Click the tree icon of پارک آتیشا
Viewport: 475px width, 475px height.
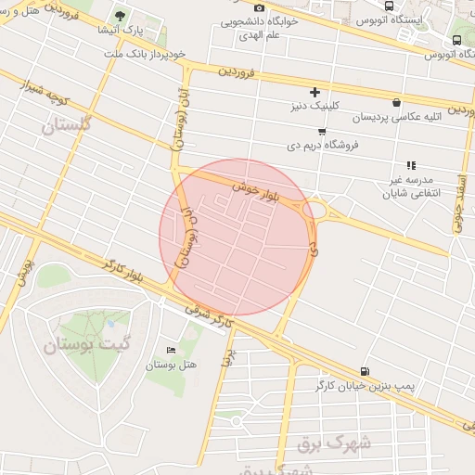pos(120,16)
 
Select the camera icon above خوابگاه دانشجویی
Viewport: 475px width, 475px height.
pos(259,8)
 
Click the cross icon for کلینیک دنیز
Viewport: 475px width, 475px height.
pos(315,92)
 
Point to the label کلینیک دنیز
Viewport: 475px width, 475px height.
pos(315,106)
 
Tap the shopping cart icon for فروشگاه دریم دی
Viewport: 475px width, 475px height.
pos(321,131)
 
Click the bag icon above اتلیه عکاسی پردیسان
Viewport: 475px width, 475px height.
pos(397,103)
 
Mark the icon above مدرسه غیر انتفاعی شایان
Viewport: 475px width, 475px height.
pos(410,165)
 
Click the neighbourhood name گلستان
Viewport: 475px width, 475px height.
pos(67,125)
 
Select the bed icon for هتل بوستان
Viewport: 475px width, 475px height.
pos(169,350)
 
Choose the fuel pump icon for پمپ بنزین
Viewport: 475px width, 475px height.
pos(364,371)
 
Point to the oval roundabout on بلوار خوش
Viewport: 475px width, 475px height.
pos(315,212)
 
